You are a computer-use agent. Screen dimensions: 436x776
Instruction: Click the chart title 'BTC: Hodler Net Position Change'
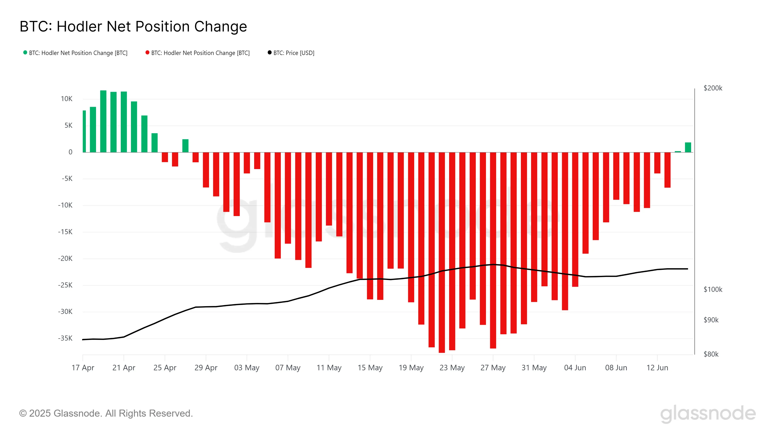(x=133, y=26)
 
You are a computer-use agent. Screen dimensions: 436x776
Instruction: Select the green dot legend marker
(x=25, y=53)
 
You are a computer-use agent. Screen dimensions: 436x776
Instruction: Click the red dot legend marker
(x=147, y=53)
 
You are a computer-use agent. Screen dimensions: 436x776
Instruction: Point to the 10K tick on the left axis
(x=67, y=99)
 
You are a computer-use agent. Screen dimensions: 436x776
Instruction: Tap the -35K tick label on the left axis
(x=65, y=338)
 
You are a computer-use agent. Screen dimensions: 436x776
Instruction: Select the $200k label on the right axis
(x=713, y=88)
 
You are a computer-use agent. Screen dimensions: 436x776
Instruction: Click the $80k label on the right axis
(x=711, y=354)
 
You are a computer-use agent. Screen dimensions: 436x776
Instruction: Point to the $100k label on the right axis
(x=713, y=289)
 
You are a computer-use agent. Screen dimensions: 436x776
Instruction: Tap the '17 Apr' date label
(x=83, y=368)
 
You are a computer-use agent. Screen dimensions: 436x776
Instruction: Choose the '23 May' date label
(x=452, y=368)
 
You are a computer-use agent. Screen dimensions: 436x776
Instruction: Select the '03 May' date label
(x=247, y=368)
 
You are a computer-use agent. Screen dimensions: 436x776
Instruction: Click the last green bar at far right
(x=688, y=148)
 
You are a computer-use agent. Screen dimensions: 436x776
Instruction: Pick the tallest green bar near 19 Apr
(x=103, y=121)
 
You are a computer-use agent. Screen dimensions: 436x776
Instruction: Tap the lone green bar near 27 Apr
(x=185, y=146)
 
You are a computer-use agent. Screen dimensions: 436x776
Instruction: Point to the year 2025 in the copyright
(x=40, y=413)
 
